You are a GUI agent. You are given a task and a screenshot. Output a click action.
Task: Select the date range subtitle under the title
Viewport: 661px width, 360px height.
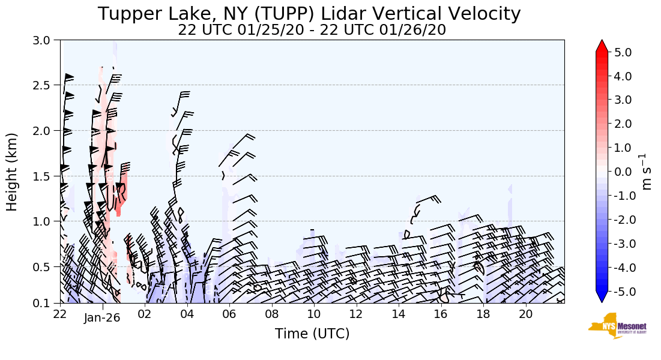pyautogui.click(x=312, y=30)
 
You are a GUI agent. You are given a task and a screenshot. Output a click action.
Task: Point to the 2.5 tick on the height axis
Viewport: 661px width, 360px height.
pyautogui.click(x=46, y=85)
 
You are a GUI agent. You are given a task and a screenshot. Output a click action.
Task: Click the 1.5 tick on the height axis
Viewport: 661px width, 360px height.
pyautogui.click(x=46, y=176)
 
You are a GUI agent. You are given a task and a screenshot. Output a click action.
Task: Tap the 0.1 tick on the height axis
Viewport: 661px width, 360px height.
pyautogui.click(x=46, y=303)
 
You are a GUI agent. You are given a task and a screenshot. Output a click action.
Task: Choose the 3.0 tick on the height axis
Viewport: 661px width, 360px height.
pyautogui.click(x=46, y=40)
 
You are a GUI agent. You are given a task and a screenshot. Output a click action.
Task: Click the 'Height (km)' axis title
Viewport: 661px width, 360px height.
pyautogui.click(x=13, y=172)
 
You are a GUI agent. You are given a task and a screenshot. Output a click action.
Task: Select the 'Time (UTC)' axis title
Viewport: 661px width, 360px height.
pyautogui.click(x=312, y=334)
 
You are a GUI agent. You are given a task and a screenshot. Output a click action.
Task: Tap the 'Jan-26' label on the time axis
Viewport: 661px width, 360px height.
pyautogui.click(x=103, y=318)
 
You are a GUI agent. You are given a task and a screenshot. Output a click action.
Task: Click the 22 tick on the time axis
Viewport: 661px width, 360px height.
pyautogui.click(x=60, y=314)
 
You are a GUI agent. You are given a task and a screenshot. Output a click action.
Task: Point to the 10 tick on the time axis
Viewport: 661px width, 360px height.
pyautogui.click(x=313, y=314)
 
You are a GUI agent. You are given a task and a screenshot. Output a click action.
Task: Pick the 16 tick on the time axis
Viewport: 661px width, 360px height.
pyautogui.click(x=441, y=314)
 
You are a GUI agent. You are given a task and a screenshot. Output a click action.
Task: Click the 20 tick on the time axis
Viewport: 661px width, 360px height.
pyautogui.click(x=525, y=314)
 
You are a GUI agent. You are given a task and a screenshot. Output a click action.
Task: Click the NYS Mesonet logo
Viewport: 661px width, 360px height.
pyautogui.click(x=614, y=325)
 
